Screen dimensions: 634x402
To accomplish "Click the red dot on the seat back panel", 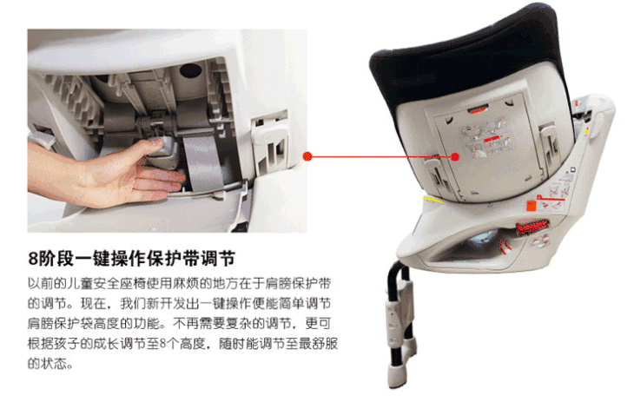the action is click(455, 156).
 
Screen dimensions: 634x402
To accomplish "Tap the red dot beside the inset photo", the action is click(307, 156).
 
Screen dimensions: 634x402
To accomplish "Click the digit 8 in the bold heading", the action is click(33, 259).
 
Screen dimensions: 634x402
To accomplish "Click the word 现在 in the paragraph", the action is click(93, 303).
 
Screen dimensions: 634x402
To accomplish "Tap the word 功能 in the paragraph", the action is click(148, 323).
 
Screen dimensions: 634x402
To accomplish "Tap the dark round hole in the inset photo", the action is click(190, 70).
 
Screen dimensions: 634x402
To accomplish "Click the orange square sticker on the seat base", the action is click(531, 205).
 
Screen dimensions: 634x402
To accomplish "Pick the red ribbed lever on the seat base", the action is click(532, 227).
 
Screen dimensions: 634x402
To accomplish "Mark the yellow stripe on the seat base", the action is click(433, 200).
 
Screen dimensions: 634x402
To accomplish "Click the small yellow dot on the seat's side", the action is click(586, 130).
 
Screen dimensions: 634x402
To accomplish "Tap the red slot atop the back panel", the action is click(479, 109).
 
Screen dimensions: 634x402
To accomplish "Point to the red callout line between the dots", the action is click(381, 156).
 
